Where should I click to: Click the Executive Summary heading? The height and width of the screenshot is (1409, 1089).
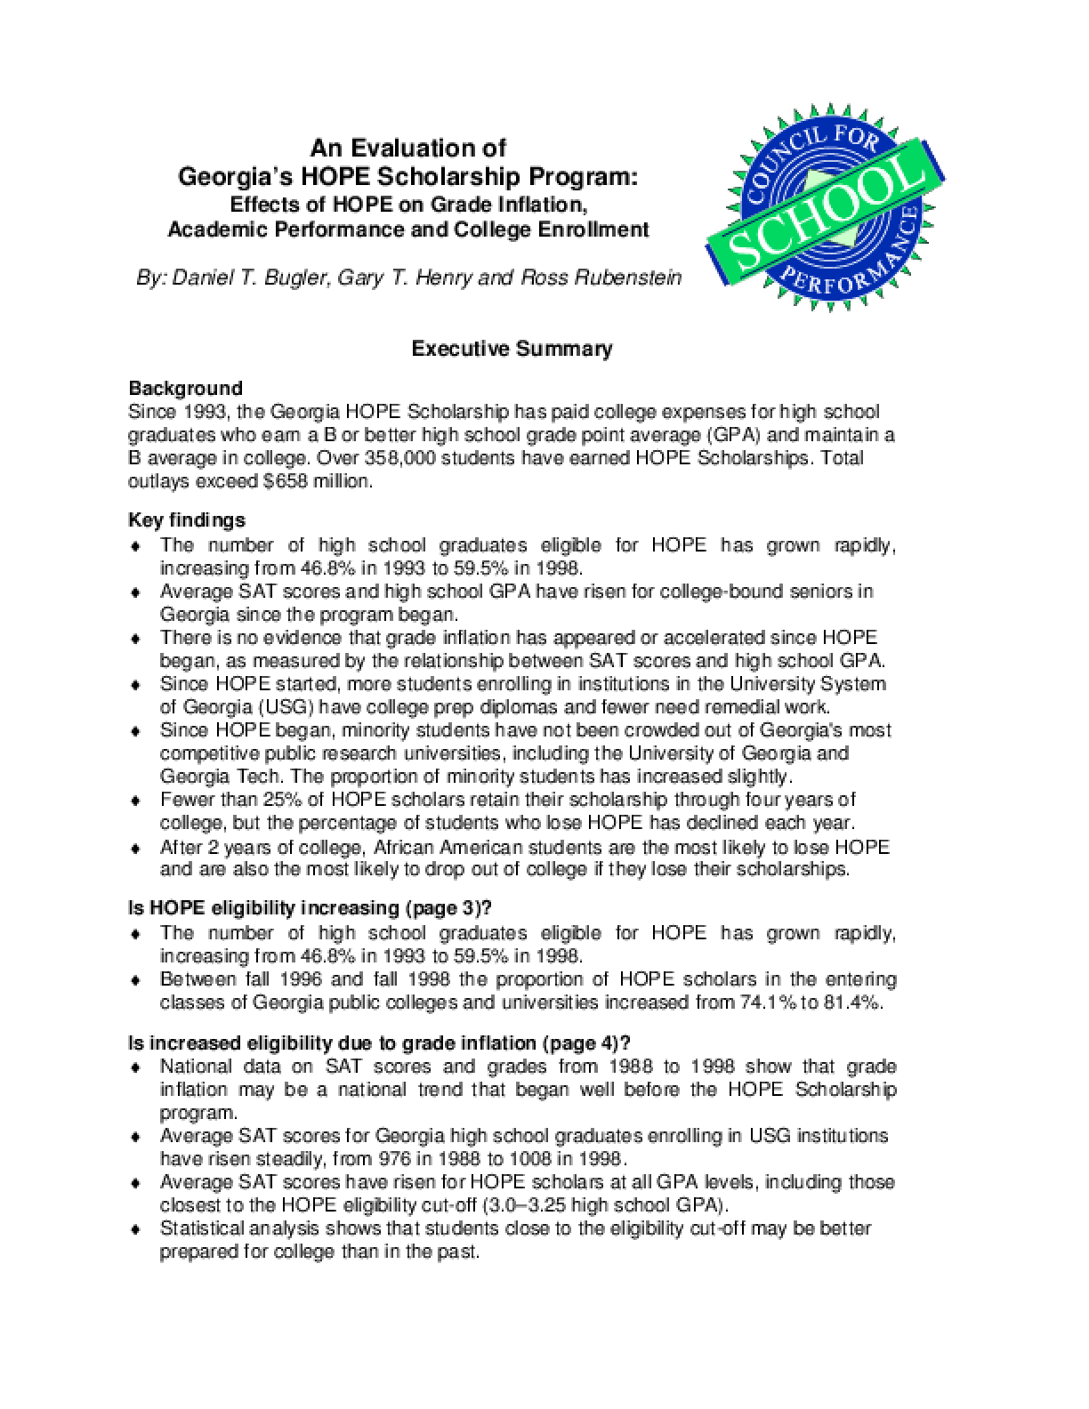tap(512, 349)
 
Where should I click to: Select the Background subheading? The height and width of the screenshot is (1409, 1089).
tap(185, 389)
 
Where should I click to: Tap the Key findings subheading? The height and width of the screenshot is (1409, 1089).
tap(187, 519)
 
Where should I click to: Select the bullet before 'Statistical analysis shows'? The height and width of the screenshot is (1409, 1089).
tap(135, 1229)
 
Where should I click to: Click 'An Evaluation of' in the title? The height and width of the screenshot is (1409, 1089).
tap(407, 147)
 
